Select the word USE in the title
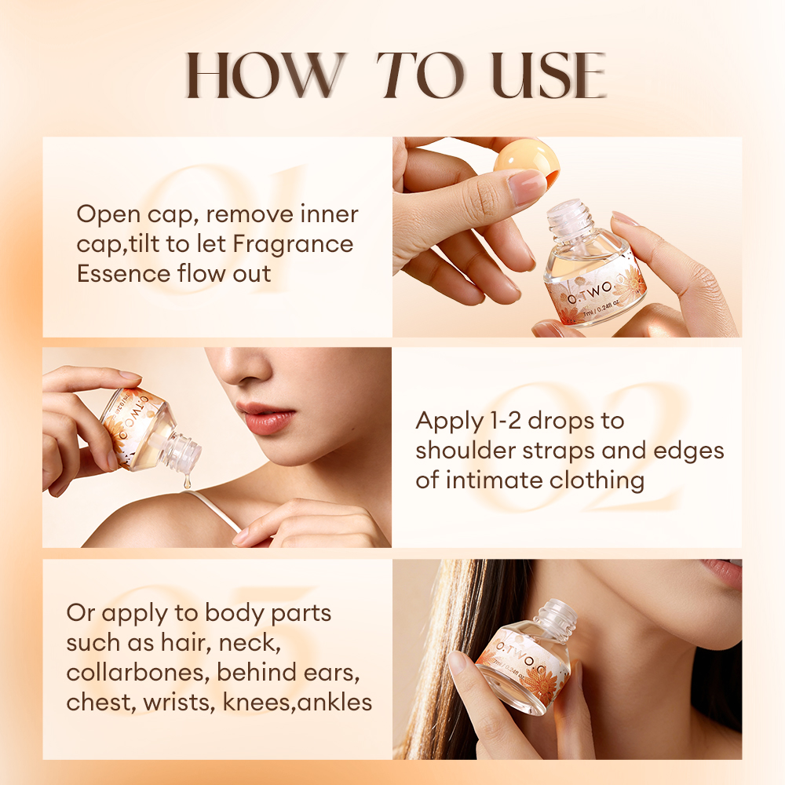(548, 76)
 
